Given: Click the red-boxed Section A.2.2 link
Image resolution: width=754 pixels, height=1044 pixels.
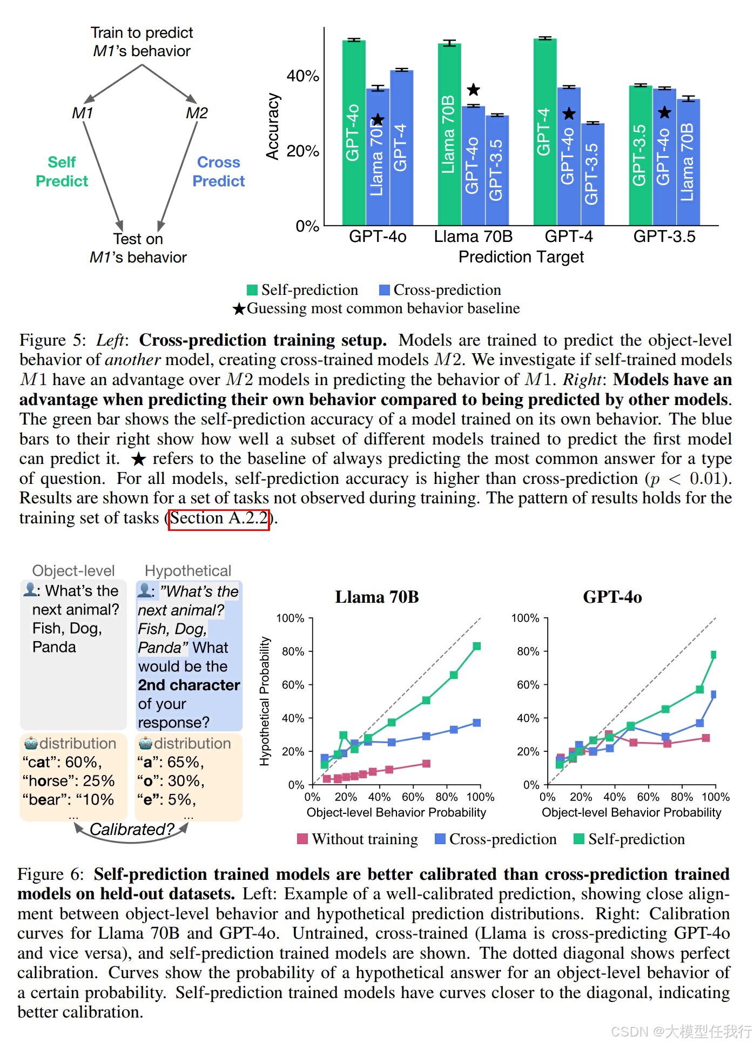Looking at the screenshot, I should (219, 519).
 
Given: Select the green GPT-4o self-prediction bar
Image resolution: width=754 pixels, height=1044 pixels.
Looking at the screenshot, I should (354, 132).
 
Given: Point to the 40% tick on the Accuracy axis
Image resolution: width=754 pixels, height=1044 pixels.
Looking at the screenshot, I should (303, 76).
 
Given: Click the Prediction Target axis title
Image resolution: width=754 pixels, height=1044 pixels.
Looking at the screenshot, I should (521, 257).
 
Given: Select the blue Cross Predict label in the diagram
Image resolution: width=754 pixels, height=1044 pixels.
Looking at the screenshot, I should (219, 172).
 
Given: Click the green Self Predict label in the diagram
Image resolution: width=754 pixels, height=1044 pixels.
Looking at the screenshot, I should (62, 172).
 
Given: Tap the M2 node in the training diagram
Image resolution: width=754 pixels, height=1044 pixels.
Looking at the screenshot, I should (197, 113).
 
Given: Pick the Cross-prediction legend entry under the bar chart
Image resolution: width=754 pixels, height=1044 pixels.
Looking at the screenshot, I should (440, 290).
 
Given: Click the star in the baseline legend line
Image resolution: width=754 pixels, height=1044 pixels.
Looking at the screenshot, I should (239, 309).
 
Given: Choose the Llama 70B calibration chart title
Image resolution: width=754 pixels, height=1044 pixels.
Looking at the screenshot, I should (377, 597).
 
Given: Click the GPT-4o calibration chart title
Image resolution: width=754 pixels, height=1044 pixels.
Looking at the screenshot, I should (612, 597).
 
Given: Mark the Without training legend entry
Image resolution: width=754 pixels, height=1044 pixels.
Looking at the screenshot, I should (358, 839).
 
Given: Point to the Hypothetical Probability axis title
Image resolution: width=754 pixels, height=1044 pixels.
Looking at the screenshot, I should (264, 701).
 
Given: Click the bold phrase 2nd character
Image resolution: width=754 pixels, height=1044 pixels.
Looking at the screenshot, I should (189, 685).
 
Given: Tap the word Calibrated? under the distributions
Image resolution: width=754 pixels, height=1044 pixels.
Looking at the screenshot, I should (132, 830).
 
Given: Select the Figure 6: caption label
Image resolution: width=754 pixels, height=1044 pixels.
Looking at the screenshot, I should (51, 874).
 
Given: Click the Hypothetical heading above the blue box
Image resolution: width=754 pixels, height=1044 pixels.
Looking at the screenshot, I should (188, 571).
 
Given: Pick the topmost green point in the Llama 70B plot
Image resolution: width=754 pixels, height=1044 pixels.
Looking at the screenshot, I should (477, 646).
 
